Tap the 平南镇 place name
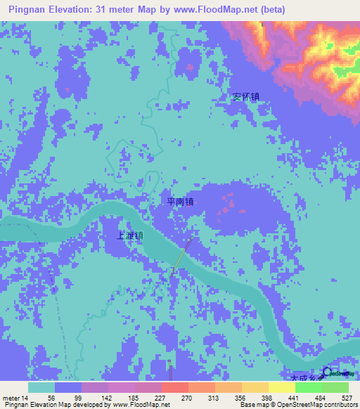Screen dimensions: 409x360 click(x=180, y=202)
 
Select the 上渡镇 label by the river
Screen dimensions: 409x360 click(x=130, y=236)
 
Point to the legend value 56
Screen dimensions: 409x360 click(x=51, y=397)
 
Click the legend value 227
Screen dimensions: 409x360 click(x=160, y=397)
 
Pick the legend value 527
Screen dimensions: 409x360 click(x=346, y=397)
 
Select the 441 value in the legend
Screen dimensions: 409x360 click(x=293, y=397)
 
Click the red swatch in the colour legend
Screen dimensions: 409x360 click(x=174, y=387)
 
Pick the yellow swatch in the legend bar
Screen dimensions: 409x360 click(x=281, y=387)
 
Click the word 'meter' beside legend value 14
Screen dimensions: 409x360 click(x=12, y=397)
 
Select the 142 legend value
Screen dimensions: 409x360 click(x=108, y=397)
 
